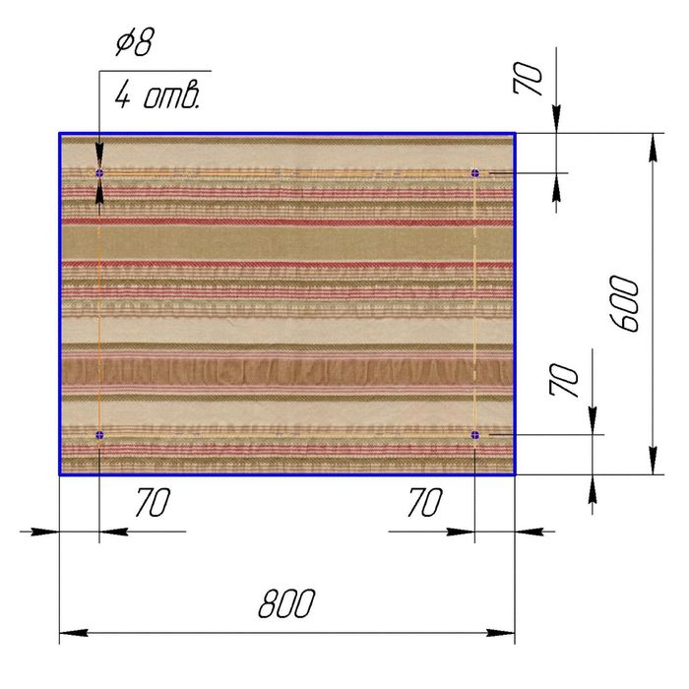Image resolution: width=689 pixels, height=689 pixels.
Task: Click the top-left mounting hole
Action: pyautogui.click(x=99, y=172)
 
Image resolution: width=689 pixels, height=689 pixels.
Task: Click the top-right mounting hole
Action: pyautogui.click(x=475, y=172)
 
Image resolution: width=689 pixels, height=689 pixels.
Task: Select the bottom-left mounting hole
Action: pyautogui.click(x=99, y=435)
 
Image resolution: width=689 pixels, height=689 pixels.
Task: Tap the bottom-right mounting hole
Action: pyautogui.click(x=475, y=435)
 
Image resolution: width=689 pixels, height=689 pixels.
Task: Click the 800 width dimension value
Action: pyautogui.click(x=286, y=603)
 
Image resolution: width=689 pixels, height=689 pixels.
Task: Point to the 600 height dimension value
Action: pyautogui.click(x=624, y=304)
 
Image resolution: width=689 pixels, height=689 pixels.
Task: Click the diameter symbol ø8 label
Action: pyautogui.click(x=136, y=42)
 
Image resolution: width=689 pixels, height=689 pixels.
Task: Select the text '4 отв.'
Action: pyautogui.click(x=157, y=95)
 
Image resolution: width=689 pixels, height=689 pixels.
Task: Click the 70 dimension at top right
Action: pyautogui.click(x=528, y=78)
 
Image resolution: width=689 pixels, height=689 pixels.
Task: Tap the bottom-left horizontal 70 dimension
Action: pyautogui.click(x=153, y=502)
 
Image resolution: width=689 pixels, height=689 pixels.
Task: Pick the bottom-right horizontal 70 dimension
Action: pyautogui.click(x=425, y=502)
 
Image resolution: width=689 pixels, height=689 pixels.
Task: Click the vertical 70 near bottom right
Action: pyautogui.click(x=564, y=380)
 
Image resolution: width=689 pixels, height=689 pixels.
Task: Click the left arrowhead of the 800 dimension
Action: pyautogui.click(x=74, y=633)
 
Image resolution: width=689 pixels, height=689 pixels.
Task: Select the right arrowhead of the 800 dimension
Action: pyautogui.click(x=501, y=633)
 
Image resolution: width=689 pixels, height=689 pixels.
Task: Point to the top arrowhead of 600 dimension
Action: pyautogui.click(x=654, y=148)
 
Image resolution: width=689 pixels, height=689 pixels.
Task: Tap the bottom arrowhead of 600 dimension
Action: pyautogui.click(x=654, y=460)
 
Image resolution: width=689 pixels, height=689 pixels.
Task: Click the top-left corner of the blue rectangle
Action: pyautogui.click(x=60, y=133)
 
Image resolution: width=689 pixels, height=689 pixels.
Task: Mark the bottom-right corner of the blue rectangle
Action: pyautogui.click(x=515, y=474)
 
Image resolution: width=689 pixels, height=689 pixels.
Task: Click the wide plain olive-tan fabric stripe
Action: pyautogui.click(x=287, y=243)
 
